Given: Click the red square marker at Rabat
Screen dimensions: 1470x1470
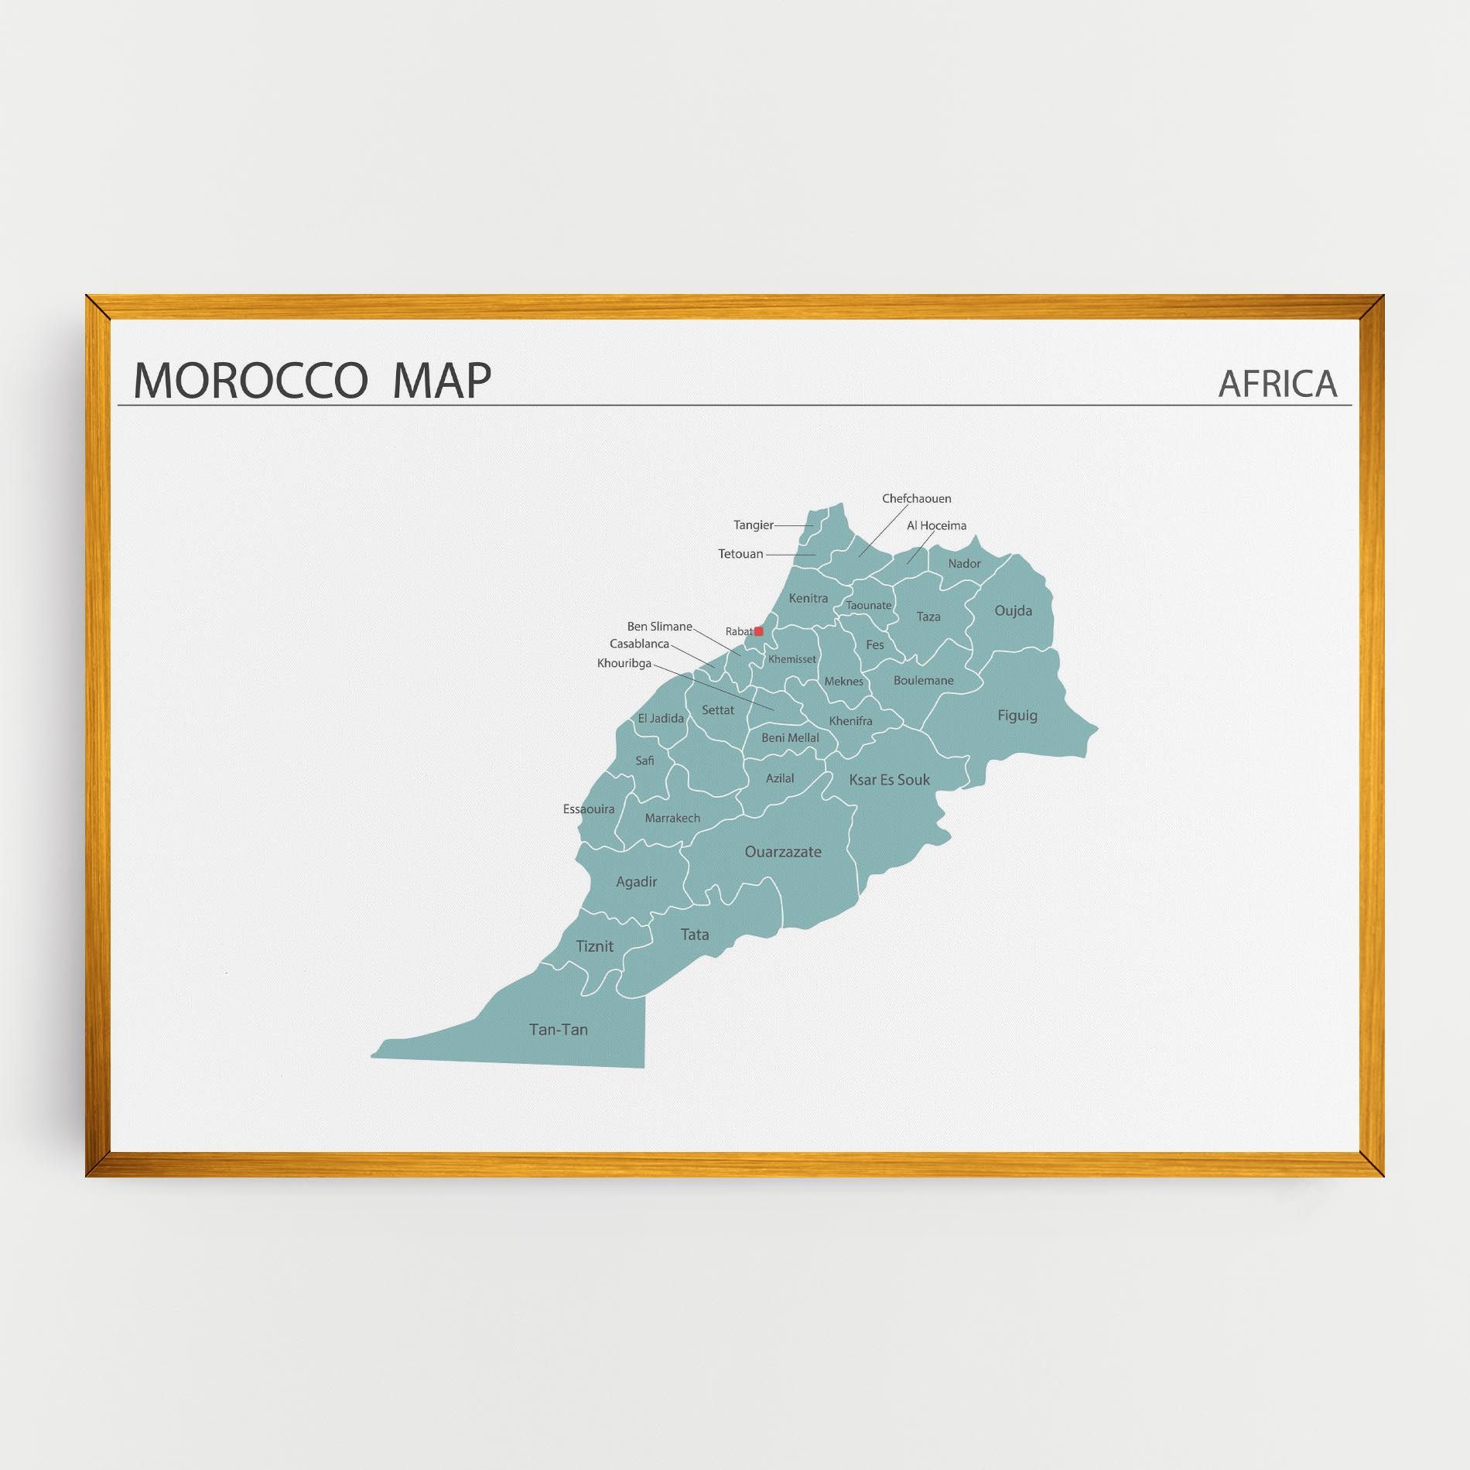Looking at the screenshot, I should point(758,631).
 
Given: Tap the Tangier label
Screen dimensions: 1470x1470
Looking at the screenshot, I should point(753,525).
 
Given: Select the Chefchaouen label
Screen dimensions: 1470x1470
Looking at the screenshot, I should point(916,499).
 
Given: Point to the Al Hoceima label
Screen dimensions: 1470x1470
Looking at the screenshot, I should point(936,526).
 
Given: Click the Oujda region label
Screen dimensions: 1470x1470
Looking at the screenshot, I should point(1013,611).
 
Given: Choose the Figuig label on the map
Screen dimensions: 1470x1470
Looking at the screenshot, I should point(1017,716).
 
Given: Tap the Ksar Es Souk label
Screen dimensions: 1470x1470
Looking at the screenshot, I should point(889,780).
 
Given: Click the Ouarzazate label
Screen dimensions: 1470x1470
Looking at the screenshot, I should point(782,852).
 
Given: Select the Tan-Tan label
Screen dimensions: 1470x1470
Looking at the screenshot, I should point(558,1030).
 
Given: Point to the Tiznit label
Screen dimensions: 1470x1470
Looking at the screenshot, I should point(594,946).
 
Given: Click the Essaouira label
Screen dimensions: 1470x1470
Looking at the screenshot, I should point(589,809).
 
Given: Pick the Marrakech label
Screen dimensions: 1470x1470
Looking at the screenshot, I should point(672,818).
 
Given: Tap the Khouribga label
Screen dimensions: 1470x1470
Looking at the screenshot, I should point(624,663).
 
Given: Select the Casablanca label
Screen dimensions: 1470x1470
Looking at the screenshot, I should point(639,644).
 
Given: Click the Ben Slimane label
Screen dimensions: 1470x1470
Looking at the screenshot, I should point(659,627).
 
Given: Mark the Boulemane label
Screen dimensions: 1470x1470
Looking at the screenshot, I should point(923,681).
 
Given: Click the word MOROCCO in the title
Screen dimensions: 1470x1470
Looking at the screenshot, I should point(250,381).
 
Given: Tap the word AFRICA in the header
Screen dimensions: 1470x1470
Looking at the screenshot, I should point(1277,384).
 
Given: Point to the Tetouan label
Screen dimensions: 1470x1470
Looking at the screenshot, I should point(740,554).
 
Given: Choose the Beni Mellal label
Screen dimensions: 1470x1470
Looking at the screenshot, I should point(790,738).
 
